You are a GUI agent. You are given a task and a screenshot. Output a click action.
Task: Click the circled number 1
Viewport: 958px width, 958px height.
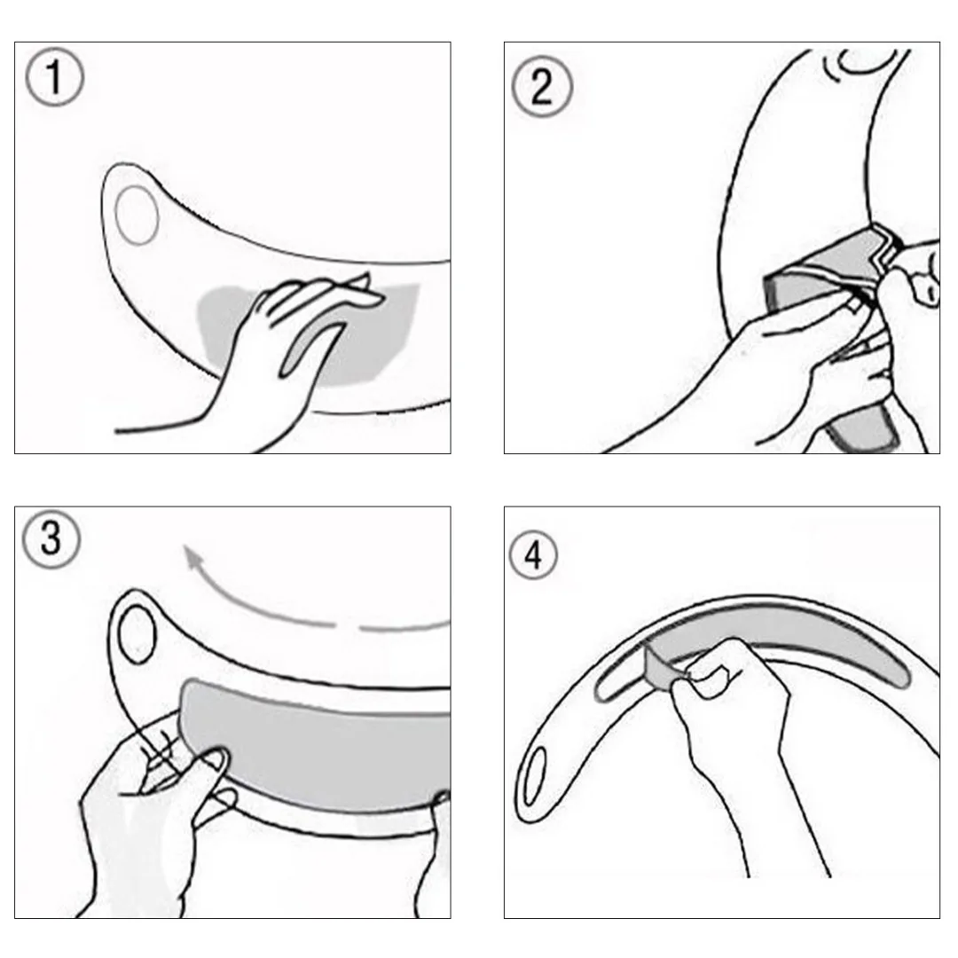(54, 77)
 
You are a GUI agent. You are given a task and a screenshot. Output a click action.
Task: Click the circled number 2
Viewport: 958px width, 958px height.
(542, 86)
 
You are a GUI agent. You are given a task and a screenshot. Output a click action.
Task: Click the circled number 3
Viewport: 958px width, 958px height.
(51, 539)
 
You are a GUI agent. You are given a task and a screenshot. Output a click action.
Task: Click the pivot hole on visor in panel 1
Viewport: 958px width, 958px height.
(137, 216)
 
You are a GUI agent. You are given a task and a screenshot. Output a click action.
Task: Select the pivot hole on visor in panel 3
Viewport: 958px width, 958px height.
(137, 635)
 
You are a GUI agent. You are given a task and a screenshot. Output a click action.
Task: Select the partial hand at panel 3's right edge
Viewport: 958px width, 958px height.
(435, 855)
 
